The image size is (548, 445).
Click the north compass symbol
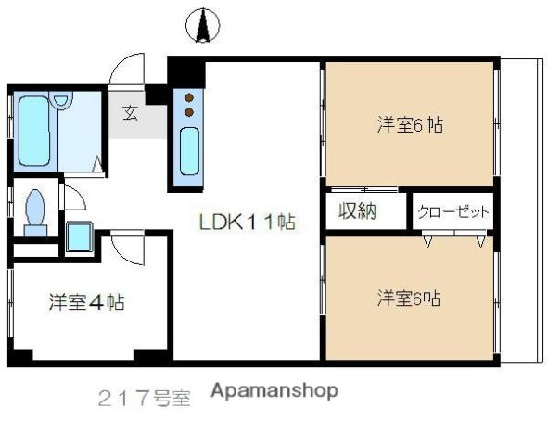pyautogui.click(x=202, y=25)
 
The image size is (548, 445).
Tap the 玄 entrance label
pyautogui.click(x=130, y=114)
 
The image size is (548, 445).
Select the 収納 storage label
pyautogui.click(x=356, y=210)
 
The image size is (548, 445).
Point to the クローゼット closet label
pyautogui.click(x=452, y=211)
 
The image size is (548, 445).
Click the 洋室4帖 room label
pyautogui.click(x=87, y=301)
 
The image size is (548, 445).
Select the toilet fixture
pyautogui.click(x=36, y=208)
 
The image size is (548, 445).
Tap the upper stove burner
pyautogui.click(x=189, y=96)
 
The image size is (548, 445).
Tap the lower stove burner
pyautogui.click(x=189, y=111)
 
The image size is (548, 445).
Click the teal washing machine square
pyautogui.click(x=80, y=239)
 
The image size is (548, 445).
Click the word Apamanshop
pyautogui.click(x=274, y=391)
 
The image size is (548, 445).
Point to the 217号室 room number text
pyautogui.click(x=144, y=400)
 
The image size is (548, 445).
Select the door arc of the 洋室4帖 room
pyautogui.click(x=119, y=248)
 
